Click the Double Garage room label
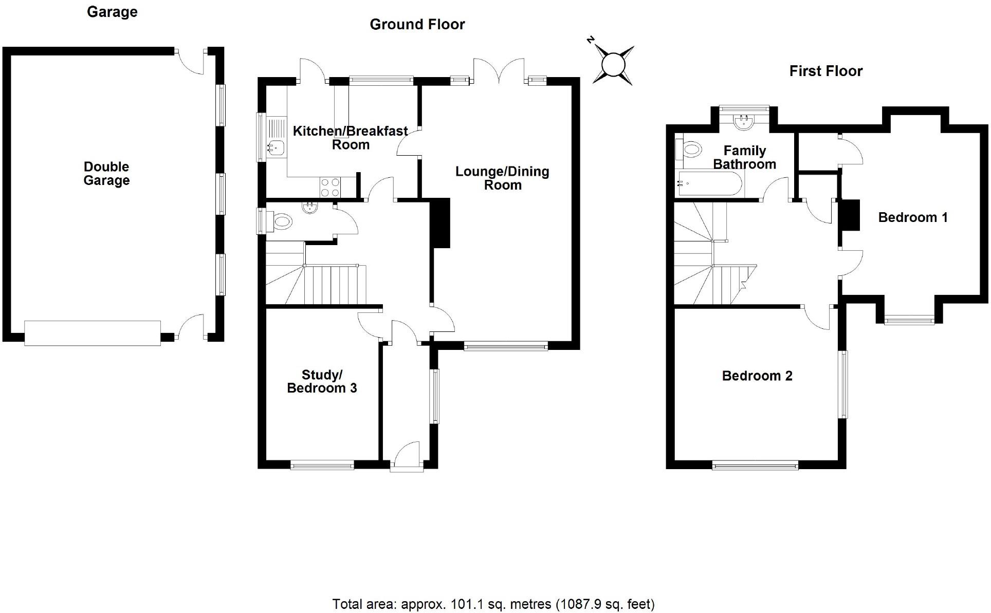tap(106, 174)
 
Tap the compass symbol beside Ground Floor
tap(612, 65)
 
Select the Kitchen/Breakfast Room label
tap(351, 138)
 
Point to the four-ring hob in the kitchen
tap(330, 187)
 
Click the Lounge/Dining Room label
tap(502, 178)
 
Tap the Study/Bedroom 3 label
tap(322, 381)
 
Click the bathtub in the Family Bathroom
tap(710, 183)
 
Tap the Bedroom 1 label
tap(913, 217)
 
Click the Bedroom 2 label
tap(757, 376)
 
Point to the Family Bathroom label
tap(744, 157)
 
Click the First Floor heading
tap(825, 71)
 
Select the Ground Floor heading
tap(417, 24)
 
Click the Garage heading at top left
tap(112, 12)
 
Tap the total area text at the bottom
tap(493, 604)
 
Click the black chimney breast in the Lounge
tap(441, 223)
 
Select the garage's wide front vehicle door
tap(93, 332)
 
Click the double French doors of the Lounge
tap(499, 72)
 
